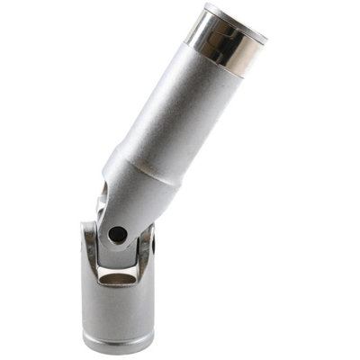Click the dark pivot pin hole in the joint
(117, 235)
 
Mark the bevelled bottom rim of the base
(116, 346)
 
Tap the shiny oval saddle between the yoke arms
(115, 278)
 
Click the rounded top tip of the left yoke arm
(88, 227)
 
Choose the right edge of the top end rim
(266, 38)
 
